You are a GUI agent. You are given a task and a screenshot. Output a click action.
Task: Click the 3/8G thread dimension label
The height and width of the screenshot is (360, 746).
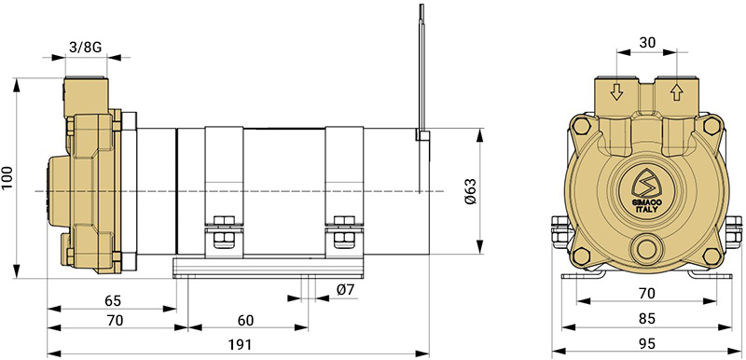86,47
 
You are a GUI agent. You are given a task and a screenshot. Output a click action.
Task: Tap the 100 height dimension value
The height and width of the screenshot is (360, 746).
7,178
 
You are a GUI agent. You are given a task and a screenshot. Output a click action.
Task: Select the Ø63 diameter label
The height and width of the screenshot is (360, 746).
470,191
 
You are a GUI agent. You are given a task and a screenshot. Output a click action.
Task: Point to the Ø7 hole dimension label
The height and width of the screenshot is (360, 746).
345,290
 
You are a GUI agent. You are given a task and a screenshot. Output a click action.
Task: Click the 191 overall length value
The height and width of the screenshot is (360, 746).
240,345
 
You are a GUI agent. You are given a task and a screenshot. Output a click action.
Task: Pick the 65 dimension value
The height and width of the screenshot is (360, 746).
113,300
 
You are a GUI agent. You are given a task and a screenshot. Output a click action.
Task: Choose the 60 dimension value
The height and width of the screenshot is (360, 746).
245,321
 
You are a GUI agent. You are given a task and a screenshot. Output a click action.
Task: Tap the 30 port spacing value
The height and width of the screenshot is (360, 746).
646,42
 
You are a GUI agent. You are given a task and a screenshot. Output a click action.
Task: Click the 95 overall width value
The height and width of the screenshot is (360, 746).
647,343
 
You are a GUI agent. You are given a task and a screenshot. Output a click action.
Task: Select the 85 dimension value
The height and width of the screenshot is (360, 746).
647,319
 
